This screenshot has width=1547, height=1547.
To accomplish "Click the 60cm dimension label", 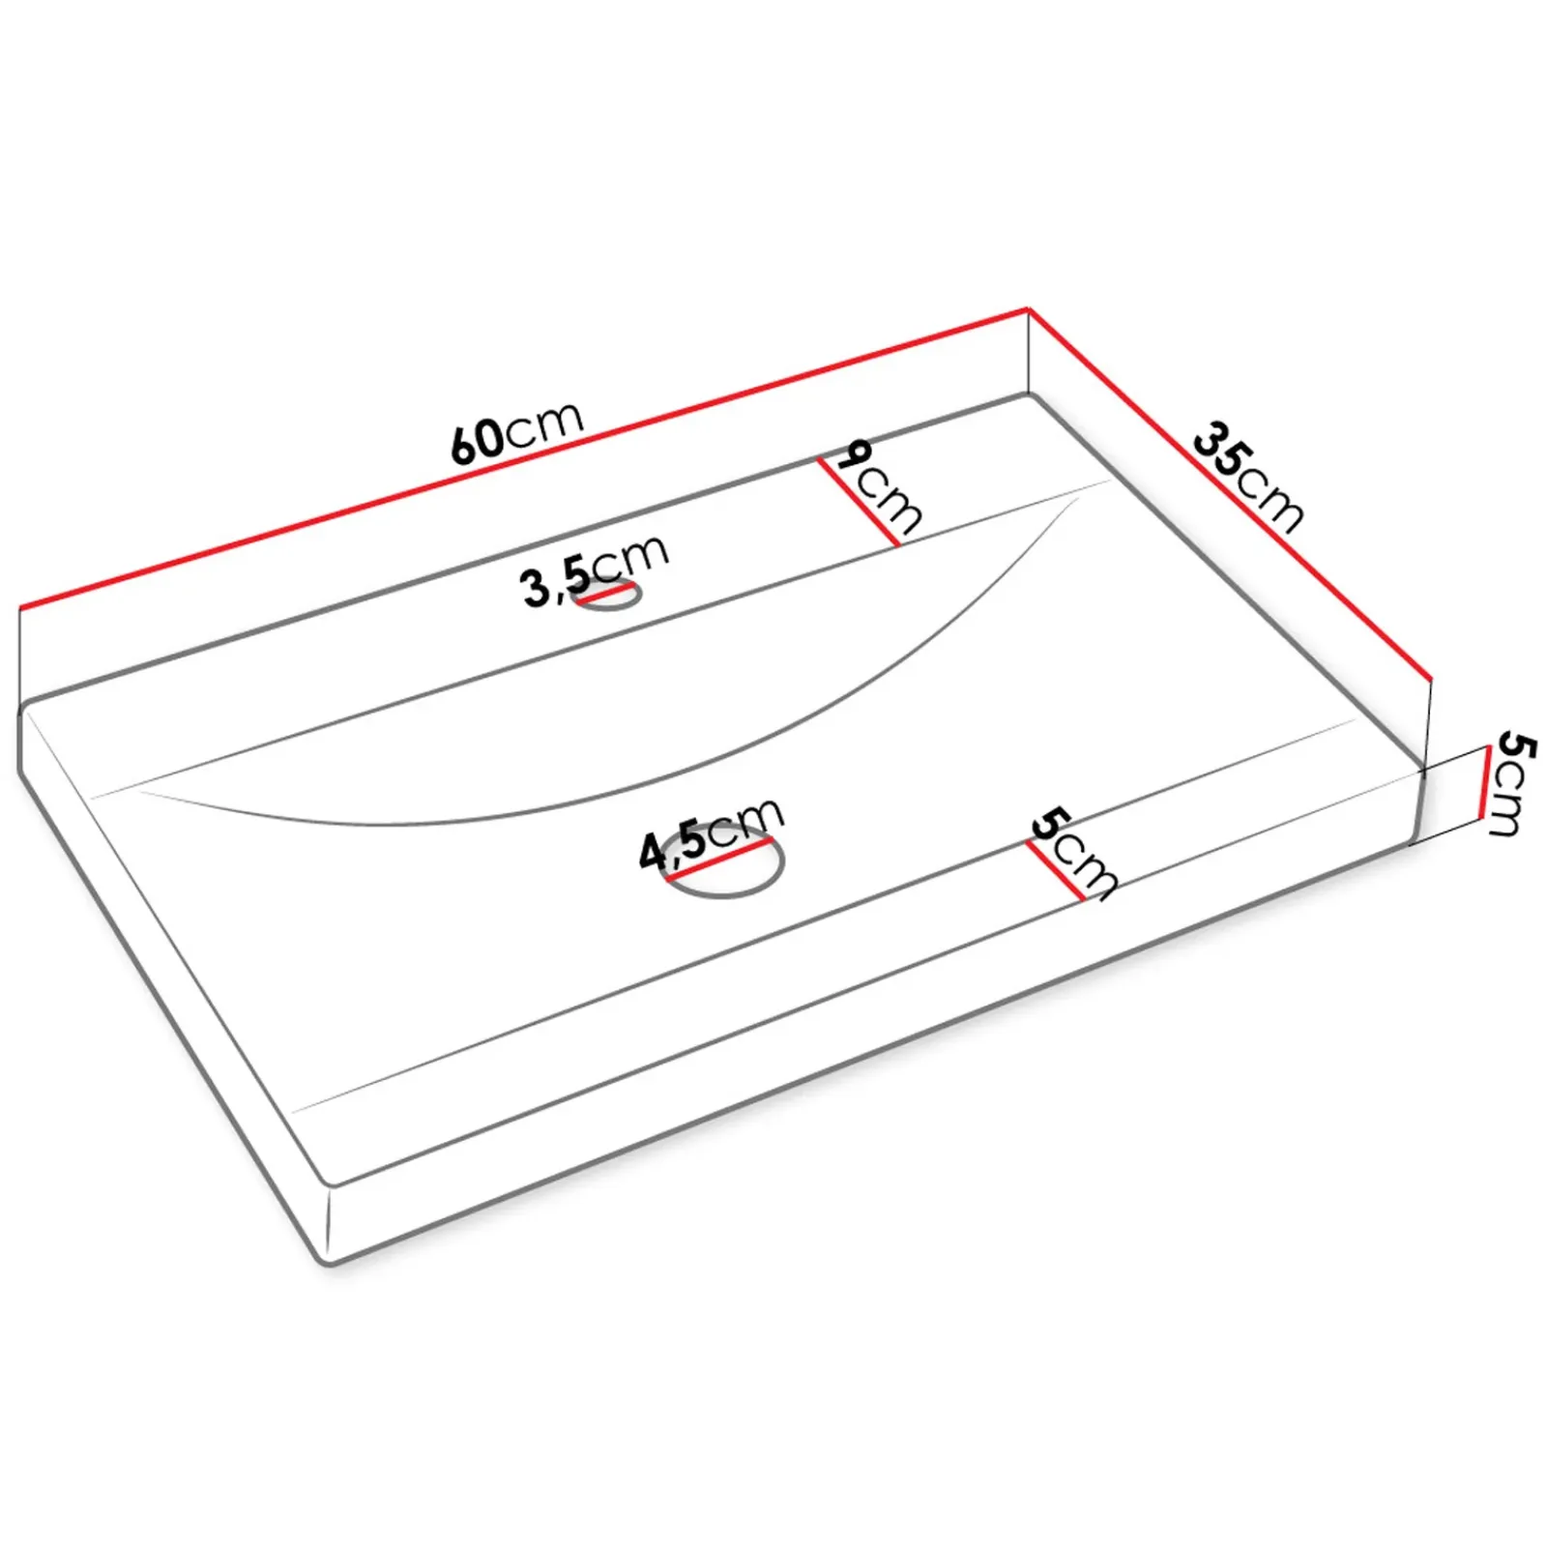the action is [517, 432].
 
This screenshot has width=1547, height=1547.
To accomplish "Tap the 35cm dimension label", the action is [1248, 475].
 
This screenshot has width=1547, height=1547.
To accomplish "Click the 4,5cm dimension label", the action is [711, 833].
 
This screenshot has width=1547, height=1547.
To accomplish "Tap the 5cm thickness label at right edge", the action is [1513, 782].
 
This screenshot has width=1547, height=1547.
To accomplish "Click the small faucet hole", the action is [606, 596].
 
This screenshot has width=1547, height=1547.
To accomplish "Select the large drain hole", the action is [724, 860].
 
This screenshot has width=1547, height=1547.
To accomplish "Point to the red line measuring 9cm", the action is [859, 502].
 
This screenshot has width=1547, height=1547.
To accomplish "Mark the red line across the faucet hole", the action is [606, 595].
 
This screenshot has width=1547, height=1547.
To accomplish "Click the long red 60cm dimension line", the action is [523, 458].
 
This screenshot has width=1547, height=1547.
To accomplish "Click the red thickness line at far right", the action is [1485, 782].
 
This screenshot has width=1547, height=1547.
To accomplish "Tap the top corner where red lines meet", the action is [1028, 309].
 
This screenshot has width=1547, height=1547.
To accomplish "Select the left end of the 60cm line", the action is [20, 608].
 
